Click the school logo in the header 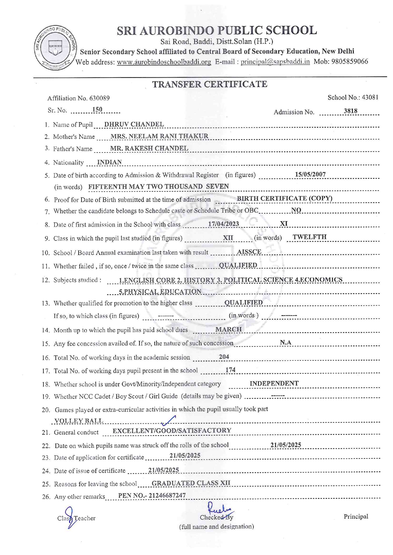pyautogui.click(x=55, y=48)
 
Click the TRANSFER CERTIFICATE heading pyautogui.click(x=209, y=84)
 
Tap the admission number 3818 pyautogui.click(x=351, y=111)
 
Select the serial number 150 pyautogui.click(x=97, y=109)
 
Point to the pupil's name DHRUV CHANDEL pyautogui.click(x=134, y=124)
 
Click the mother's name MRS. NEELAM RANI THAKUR pyautogui.click(x=159, y=136)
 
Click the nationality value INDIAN pyautogui.click(x=109, y=162)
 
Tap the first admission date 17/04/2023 pyautogui.click(x=223, y=224)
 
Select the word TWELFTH pyautogui.click(x=309, y=237)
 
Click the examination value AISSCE pyautogui.click(x=249, y=252)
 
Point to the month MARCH pyautogui.click(x=229, y=329)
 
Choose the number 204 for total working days pyautogui.click(x=224, y=357)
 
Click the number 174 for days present pyautogui.click(x=230, y=370)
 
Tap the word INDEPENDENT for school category pyautogui.click(x=274, y=384)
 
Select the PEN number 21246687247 pyautogui.click(x=167, y=496)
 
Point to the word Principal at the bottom pyautogui.click(x=356, y=516)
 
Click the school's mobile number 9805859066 pyautogui.click(x=350, y=61)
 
